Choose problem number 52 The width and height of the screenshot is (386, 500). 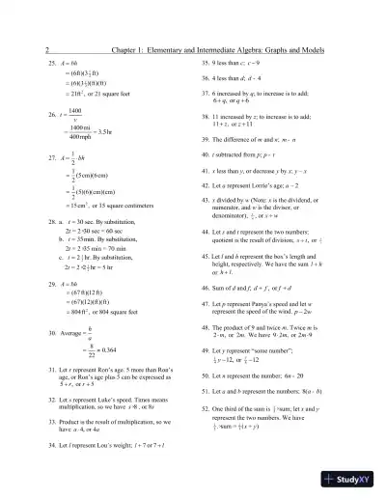coord(205,413)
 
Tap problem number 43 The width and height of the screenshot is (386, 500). coord(205,197)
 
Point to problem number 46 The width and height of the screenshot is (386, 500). coord(205,289)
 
